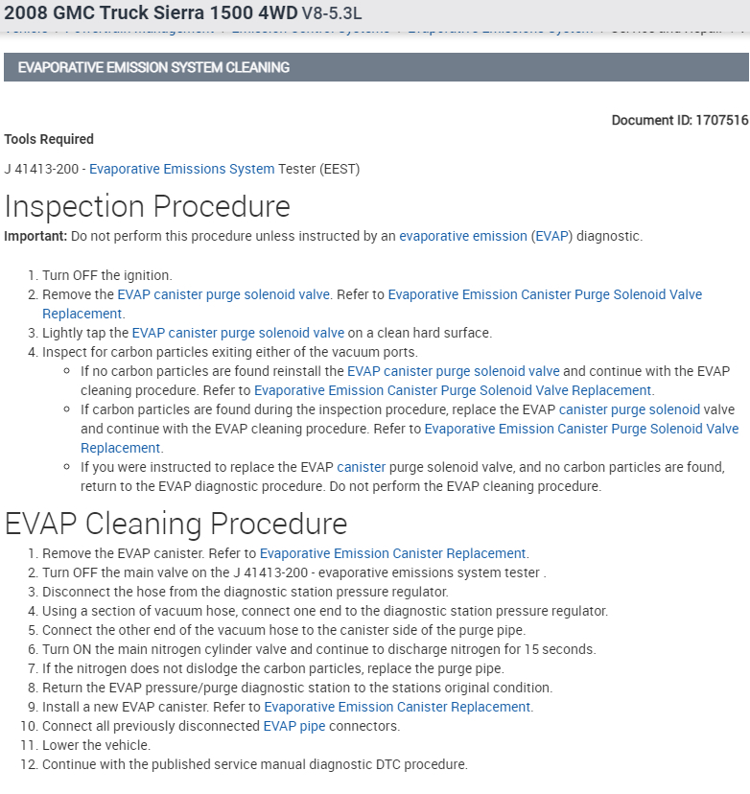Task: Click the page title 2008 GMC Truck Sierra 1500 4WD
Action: pos(151,13)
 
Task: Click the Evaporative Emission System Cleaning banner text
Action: pos(153,68)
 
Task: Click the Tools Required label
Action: pos(49,139)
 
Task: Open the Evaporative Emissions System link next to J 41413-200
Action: pos(181,169)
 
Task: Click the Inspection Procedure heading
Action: pos(148,207)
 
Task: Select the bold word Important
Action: pos(35,236)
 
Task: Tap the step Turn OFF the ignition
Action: pos(106,275)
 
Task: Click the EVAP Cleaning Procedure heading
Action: pos(176,524)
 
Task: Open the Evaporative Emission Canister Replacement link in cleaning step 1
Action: pos(393,553)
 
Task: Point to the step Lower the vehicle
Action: pos(96,745)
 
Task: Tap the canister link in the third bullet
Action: pos(361,467)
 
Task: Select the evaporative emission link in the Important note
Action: pos(463,236)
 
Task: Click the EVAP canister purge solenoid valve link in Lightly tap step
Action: pos(238,333)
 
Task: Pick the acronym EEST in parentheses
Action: pos(340,169)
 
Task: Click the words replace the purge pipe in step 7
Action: pos(431,668)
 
